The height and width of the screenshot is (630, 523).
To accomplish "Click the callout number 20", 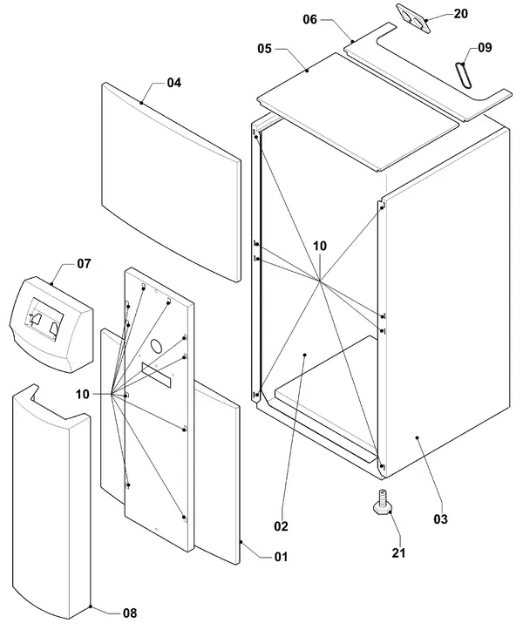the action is click(461, 14).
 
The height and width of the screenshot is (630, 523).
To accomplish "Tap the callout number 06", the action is click(310, 19).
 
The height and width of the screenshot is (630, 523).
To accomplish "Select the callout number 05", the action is click(264, 49).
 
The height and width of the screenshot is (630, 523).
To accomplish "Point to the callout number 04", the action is click(174, 83).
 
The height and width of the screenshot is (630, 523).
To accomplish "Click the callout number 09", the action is click(485, 47).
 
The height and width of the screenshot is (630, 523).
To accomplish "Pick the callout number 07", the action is click(84, 263).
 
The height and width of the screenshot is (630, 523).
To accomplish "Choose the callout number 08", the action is click(130, 613).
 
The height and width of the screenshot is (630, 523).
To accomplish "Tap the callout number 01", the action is click(281, 557).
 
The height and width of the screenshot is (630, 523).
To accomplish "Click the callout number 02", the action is click(281, 526).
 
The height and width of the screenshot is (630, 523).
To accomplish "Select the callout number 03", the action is click(440, 519).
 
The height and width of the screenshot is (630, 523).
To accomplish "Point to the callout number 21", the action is click(398, 552).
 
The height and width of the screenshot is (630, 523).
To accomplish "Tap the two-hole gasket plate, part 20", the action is click(413, 17).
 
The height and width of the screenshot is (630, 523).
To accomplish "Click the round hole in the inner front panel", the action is click(157, 345).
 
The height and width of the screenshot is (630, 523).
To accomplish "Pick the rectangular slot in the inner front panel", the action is click(156, 375).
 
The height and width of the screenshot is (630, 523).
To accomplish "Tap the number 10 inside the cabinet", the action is click(320, 246).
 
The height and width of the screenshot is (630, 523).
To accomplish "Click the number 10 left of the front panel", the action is click(83, 394).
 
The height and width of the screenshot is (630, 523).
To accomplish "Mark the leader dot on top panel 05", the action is click(307, 71).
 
